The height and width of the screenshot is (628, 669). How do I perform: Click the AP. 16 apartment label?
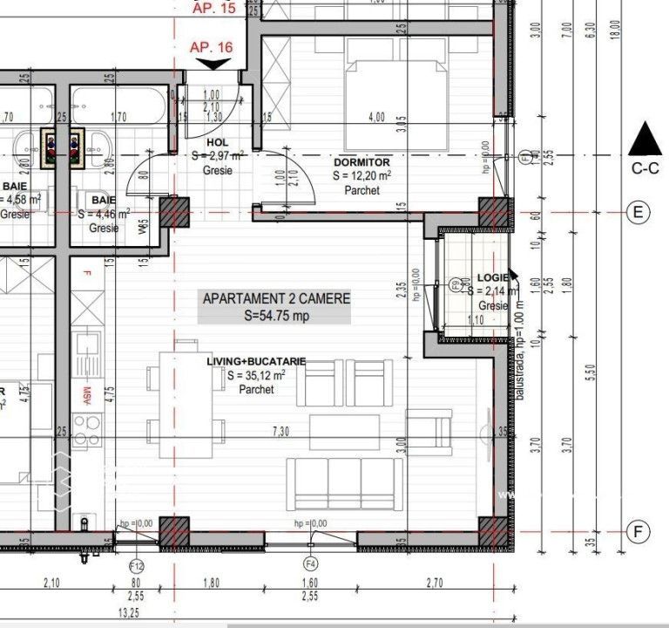(211, 47)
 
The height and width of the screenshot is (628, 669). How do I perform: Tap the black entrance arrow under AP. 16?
(212, 64)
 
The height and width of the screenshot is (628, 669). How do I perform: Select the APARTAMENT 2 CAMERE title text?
(276, 298)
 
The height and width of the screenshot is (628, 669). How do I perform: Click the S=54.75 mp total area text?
(276, 316)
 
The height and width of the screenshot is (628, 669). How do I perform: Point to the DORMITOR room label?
(362, 162)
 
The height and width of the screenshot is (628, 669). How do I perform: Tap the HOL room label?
(217, 142)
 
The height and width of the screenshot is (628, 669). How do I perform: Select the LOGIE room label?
(493, 279)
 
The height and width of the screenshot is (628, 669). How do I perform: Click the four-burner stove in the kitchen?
(87, 429)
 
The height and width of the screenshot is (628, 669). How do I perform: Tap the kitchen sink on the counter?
(87, 353)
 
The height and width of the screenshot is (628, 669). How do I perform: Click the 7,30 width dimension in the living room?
(280, 432)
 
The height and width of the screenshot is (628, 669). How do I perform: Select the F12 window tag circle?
(136, 564)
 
